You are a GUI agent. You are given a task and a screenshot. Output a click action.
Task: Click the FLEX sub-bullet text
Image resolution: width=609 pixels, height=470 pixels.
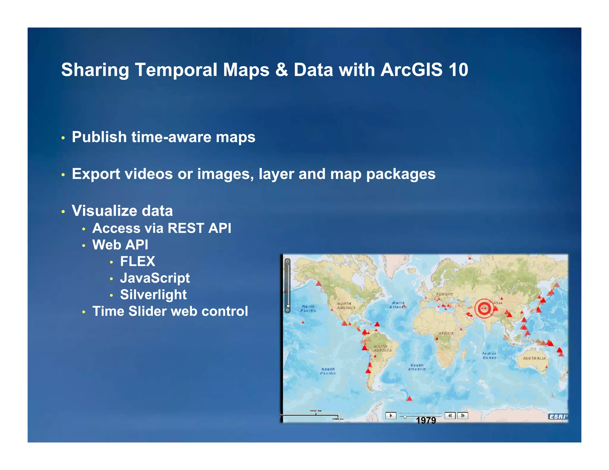137,261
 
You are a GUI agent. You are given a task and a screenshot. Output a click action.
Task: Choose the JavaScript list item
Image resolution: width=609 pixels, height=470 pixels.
155,278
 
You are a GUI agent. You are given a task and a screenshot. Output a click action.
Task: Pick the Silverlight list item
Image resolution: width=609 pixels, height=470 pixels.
153,295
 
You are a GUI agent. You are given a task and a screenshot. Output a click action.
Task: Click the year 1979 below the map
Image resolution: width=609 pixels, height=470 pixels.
426,420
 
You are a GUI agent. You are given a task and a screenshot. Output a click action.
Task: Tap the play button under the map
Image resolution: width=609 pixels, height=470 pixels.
391,415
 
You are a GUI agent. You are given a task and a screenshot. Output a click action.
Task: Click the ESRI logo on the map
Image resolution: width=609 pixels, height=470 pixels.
558,417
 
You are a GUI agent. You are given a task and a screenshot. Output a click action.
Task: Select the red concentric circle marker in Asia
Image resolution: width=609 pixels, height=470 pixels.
484,308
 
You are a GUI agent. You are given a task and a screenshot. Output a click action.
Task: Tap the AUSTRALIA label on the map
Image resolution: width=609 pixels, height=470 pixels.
534,358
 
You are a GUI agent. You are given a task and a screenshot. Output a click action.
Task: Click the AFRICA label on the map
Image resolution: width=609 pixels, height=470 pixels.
446,333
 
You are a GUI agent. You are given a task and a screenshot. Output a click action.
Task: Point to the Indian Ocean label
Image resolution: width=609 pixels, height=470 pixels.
489,355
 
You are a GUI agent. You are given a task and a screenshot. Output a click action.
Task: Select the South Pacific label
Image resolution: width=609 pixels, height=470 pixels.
328,371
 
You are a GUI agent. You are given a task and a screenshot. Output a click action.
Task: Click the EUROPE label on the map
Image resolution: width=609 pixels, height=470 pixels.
445,294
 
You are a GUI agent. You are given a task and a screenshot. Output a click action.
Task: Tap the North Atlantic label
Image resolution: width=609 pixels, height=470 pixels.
398,305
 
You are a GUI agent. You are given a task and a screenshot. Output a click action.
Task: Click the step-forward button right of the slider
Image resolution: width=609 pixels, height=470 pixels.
463,416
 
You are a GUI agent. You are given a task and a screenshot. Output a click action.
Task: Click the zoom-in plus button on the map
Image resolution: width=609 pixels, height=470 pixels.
288,261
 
